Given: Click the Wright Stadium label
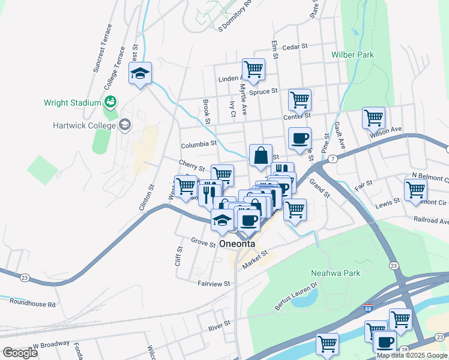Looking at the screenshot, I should click(72, 103).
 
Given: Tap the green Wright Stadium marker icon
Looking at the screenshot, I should click(110, 101).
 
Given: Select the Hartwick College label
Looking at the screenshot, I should click(88, 125).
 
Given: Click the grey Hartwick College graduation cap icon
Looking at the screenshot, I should click(125, 125).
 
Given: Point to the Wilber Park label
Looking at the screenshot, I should click(352, 55).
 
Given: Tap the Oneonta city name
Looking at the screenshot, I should click(238, 244).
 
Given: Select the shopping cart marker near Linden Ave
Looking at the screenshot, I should click(253, 69).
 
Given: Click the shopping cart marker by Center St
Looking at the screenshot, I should click(300, 100).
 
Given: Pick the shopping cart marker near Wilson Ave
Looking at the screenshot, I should click(373, 118).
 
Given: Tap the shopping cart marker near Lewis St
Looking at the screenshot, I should click(415, 190).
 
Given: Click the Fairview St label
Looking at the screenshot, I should click(214, 283).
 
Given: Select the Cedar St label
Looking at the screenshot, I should click(294, 46).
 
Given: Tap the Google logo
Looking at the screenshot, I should click(20, 353).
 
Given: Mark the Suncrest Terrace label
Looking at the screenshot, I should click(103, 48).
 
